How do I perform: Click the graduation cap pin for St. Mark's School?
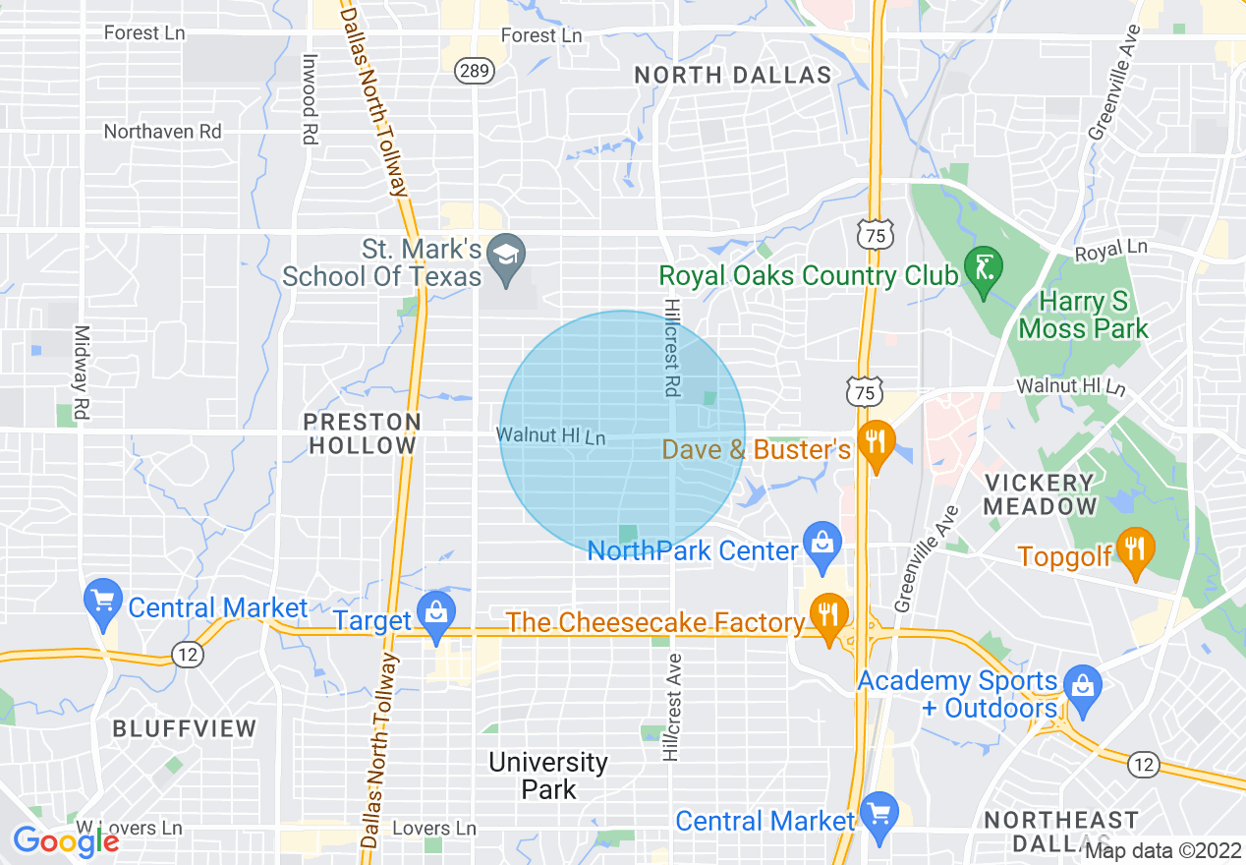tap(506, 257)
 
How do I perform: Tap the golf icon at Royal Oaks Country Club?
tap(980, 266)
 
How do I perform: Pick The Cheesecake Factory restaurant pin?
tap(828, 615)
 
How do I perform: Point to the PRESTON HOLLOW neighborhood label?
tap(362, 433)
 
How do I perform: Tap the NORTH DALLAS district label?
tap(733, 75)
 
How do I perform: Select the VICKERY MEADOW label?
tap(1040, 494)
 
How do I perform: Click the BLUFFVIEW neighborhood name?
tap(184, 728)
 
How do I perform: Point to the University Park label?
tap(548, 775)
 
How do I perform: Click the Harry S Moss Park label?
tap(1084, 315)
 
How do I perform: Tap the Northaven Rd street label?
tap(163, 132)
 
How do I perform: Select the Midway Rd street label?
tap(83, 374)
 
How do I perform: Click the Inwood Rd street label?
tap(310, 99)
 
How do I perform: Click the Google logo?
tap(65, 841)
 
